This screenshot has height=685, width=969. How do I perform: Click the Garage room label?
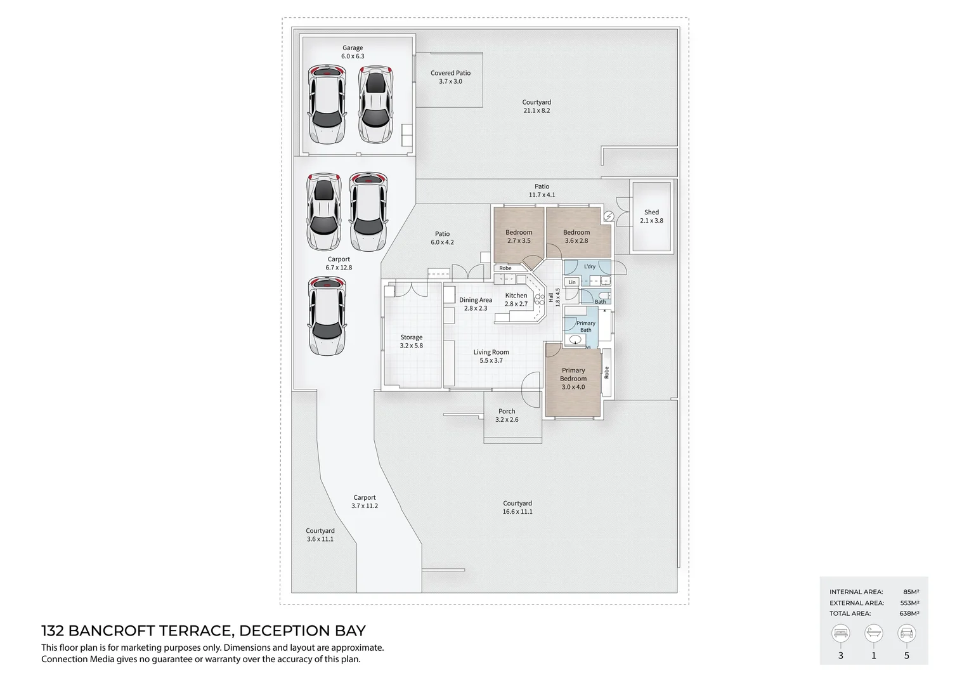353,48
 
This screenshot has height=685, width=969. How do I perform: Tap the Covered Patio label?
450,73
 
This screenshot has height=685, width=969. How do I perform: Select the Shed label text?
651,212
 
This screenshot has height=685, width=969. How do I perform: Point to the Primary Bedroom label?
573,374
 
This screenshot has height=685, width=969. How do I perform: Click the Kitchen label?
516,296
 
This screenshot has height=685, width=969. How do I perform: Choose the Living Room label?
491,352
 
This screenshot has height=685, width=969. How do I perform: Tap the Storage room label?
412,337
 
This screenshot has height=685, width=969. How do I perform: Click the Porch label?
507,411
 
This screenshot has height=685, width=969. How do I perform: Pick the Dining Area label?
476,300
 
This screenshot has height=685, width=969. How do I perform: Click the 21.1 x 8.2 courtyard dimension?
537,111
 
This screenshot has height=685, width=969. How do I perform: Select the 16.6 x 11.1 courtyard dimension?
517,511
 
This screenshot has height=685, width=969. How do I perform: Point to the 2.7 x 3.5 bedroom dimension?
519,240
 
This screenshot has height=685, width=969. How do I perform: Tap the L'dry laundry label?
590,266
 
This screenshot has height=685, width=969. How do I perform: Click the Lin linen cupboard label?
572,282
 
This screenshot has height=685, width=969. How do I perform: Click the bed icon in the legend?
840,633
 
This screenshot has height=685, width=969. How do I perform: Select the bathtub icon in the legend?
873,633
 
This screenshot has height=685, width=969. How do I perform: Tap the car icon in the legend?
906,633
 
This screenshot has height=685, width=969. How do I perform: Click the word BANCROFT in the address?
112,630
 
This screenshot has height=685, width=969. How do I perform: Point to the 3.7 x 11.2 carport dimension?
365,506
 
